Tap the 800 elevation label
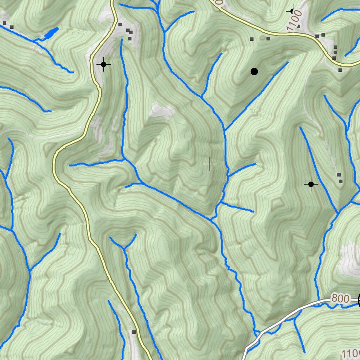point(340,299)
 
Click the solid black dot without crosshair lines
point(254,72)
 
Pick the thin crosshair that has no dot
point(210,164)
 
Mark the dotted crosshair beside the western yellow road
point(103,64)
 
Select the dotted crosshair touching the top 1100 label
point(292,11)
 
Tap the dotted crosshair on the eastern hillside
point(311,184)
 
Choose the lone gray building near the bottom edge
point(134,332)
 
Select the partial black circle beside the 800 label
point(359,300)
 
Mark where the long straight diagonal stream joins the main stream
point(225,131)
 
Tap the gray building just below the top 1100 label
point(298,26)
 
